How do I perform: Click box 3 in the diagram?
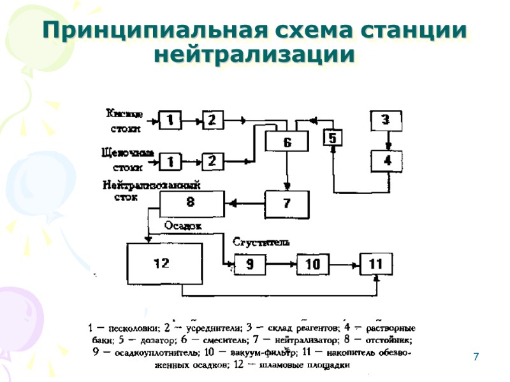pos(385,119)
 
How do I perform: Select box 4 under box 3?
pos(387,160)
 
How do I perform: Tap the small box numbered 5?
pos(333,138)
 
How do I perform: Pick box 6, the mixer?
pos(287,143)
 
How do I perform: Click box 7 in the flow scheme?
pos(287,204)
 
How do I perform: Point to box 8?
pos(190,203)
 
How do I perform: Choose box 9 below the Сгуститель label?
pos(250,263)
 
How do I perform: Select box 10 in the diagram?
pos(312,263)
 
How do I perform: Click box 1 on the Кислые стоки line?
pos(170,120)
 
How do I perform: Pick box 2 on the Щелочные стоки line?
pos(212,160)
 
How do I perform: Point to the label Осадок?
pos(182,226)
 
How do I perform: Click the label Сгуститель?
pos(261,243)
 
